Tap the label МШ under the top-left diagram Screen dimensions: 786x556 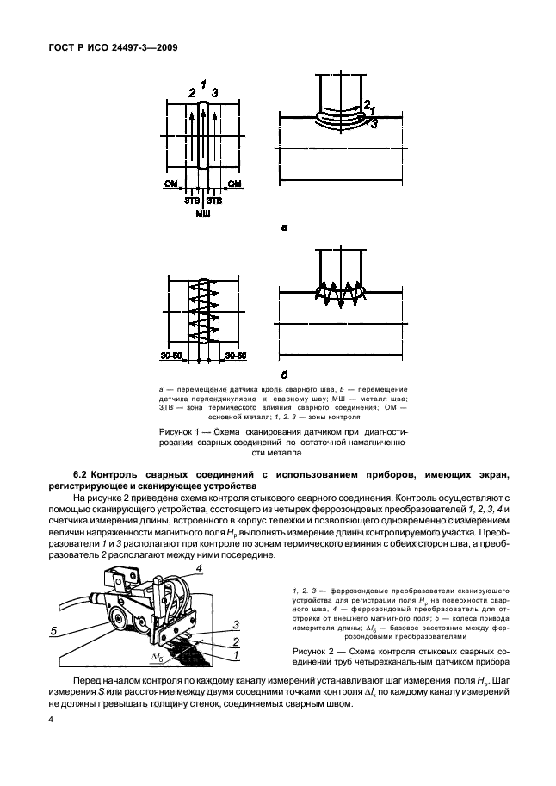[x=203, y=212]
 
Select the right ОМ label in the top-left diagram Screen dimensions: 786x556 [x=235, y=183]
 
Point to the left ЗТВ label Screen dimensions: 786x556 [x=191, y=201]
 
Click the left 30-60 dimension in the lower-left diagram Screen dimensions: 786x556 [x=172, y=330]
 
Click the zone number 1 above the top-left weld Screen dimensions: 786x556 [x=203, y=83]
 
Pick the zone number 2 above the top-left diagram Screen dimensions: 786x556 [x=191, y=91]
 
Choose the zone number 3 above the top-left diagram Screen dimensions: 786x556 [x=215, y=91]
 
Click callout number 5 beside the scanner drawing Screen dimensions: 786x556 [x=53, y=630]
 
